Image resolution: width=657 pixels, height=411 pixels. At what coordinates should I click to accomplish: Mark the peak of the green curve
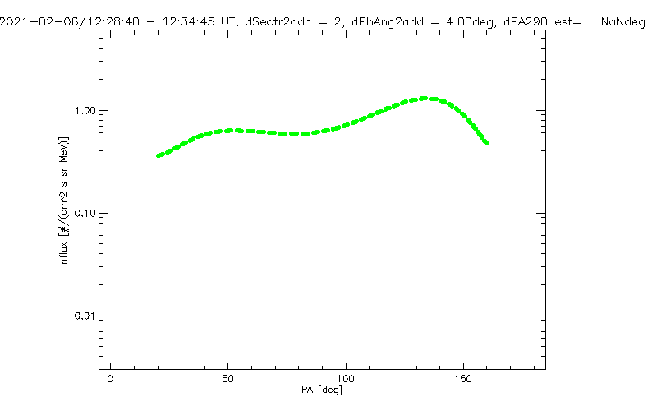click(x=426, y=99)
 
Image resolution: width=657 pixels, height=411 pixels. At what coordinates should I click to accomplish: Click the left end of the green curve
click(x=159, y=155)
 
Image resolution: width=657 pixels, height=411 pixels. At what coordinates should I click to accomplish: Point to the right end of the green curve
click(x=486, y=142)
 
